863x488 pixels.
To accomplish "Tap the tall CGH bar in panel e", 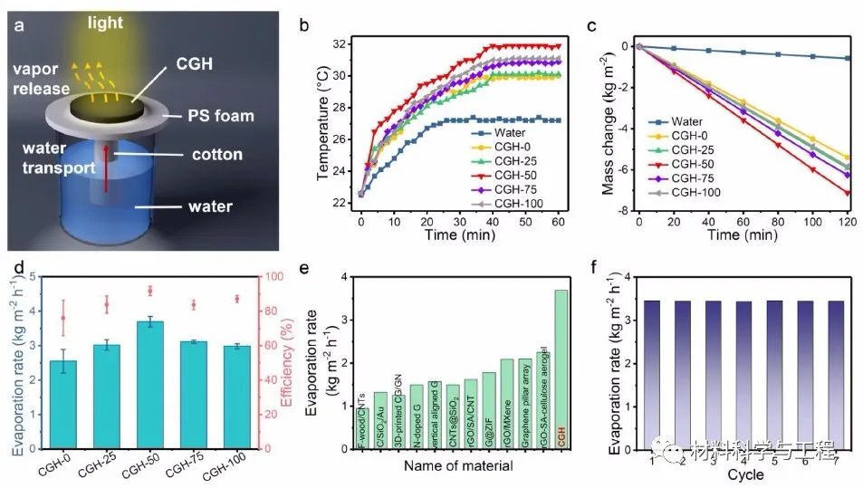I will click(561, 370).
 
